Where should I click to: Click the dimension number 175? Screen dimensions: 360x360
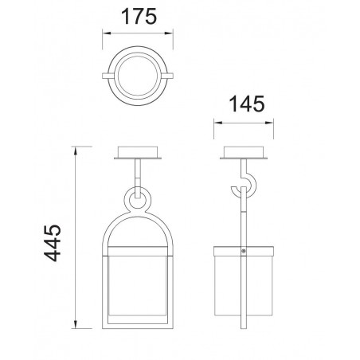click(139, 17)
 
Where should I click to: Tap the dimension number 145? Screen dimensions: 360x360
click(247, 104)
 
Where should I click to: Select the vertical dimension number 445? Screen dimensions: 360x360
click(53, 243)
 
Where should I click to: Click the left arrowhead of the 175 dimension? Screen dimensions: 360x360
click(107, 33)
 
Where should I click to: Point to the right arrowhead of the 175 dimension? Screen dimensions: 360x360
click(169, 33)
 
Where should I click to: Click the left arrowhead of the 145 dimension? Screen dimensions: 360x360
click(218, 123)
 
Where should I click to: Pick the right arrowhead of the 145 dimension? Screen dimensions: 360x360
click(269, 123)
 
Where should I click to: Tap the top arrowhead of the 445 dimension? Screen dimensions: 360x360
click(76, 151)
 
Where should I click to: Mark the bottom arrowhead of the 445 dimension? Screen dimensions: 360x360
click(76, 324)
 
